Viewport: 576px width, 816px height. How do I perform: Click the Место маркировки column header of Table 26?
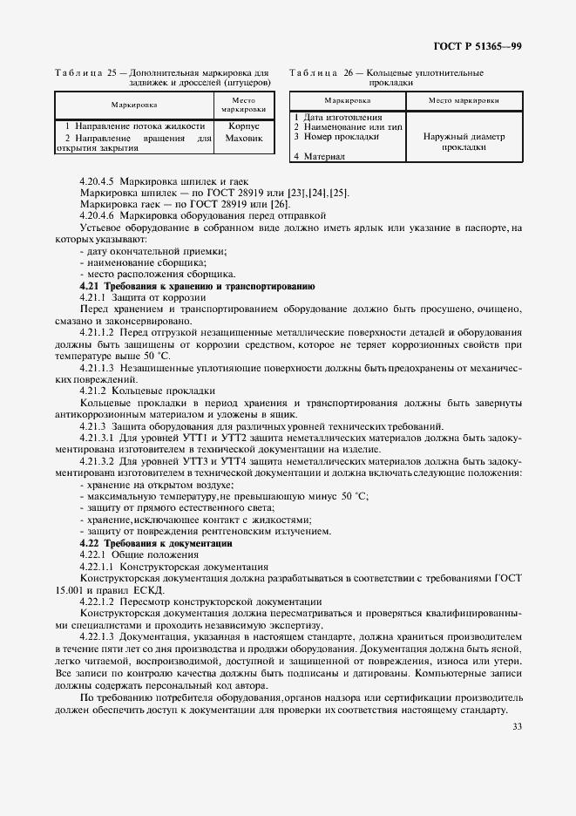point(464,101)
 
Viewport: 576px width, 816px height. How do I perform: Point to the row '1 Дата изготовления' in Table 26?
point(337,117)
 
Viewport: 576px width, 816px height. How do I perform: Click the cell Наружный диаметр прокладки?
point(464,142)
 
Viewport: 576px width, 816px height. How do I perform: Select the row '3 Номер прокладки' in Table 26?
point(334,137)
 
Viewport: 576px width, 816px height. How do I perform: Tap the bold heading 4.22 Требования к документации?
point(157,542)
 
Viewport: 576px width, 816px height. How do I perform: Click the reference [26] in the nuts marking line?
point(280,202)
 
